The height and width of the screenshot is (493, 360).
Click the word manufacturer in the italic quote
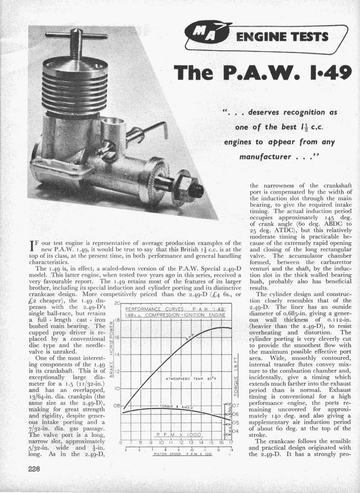265,157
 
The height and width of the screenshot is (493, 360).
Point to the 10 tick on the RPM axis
161,442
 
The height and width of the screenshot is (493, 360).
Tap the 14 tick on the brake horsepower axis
117,355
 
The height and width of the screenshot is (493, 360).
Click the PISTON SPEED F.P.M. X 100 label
178,454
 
